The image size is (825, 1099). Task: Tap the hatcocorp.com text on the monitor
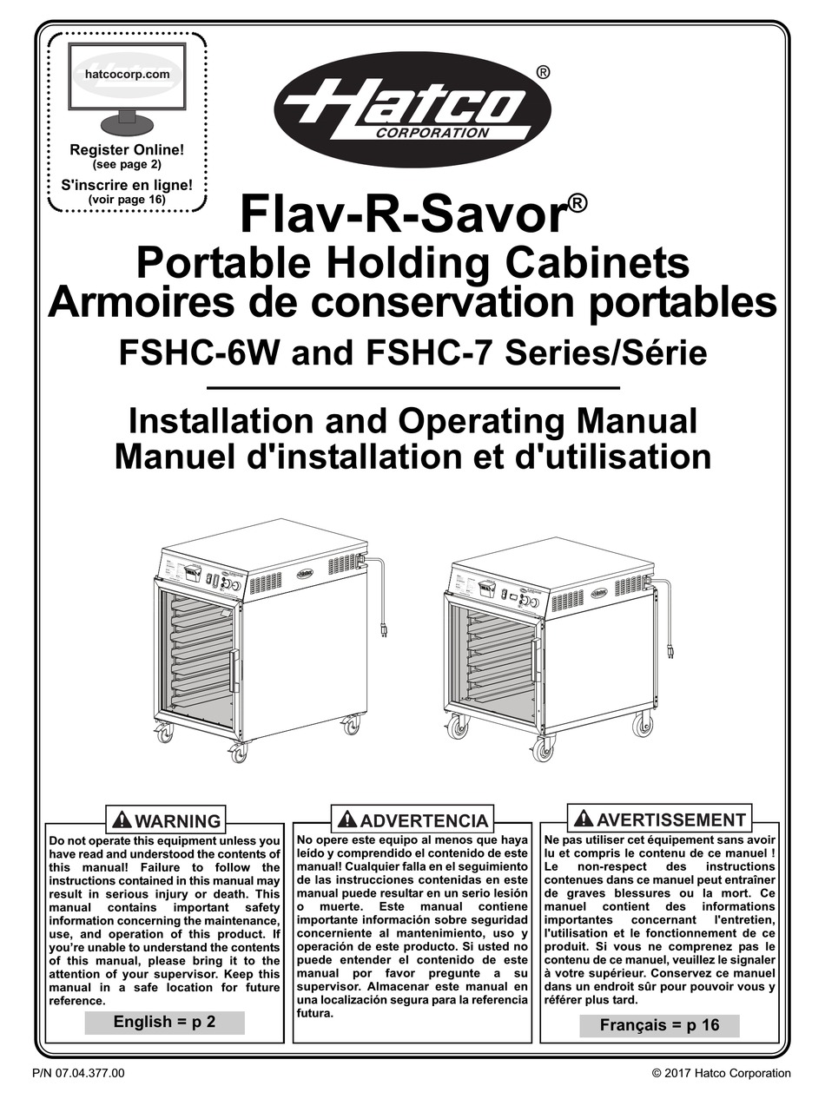[x=127, y=74]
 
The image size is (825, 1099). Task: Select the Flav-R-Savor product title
[x=403, y=215]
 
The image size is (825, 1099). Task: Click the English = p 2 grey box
[x=164, y=1022]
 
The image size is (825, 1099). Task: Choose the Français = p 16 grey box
[x=659, y=1024]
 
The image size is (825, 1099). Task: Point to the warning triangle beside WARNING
[x=122, y=819]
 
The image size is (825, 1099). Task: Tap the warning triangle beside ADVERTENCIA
[x=347, y=819]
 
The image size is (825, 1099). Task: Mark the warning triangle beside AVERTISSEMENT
[x=583, y=818]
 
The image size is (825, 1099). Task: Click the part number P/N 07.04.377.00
[x=78, y=1073]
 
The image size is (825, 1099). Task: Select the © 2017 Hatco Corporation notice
[x=721, y=1073]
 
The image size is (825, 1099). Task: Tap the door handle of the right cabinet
[x=537, y=659]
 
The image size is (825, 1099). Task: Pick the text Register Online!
[x=127, y=149]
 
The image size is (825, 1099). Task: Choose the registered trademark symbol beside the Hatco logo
[x=542, y=72]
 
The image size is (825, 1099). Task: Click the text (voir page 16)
[x=127, y=199]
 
